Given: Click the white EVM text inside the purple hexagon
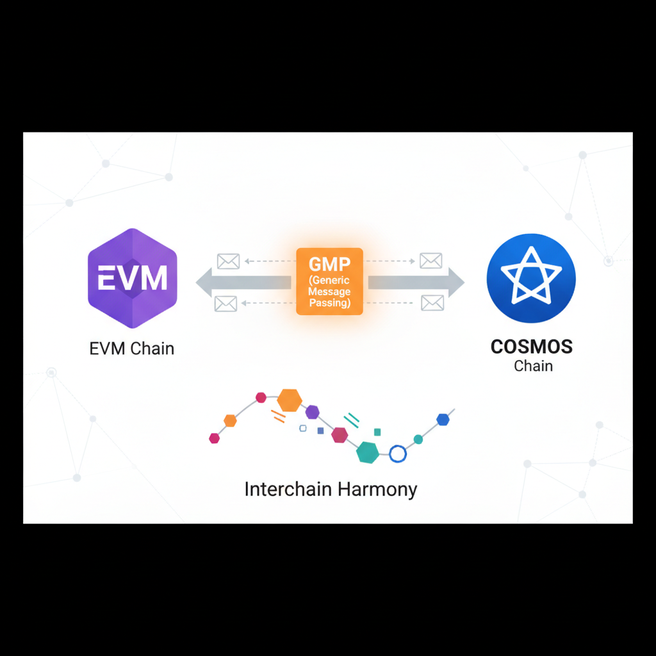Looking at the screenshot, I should [132, 279].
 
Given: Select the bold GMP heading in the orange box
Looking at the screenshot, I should [329, 265].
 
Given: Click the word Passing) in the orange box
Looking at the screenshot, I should [330, 303].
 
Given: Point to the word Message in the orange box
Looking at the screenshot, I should [330, 292].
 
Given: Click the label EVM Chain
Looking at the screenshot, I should [132, 349].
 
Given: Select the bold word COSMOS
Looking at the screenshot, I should [532, 347].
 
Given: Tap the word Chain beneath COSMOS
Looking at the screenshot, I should [533, 366].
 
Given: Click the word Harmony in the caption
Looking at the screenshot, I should [377, 490].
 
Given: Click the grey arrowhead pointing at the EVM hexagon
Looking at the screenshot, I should [205, 283].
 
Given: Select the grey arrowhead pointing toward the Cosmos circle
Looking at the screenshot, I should [455, 283].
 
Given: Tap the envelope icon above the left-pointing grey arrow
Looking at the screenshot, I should [228, 261].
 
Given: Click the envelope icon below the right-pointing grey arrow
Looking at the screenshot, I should [432, 303].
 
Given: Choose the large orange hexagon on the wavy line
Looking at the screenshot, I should [290, 400].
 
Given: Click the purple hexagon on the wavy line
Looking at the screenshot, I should [312, 412].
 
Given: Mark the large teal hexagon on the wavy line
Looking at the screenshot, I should [368, 452].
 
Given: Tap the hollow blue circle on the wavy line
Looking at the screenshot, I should [398, 454].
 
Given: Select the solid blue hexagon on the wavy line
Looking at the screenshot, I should [443, 420].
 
